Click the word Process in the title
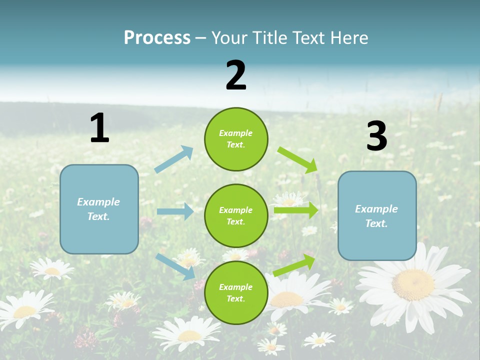pyautogui.click(x=157, y=38)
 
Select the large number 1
pyautogui.click(x=99, y=128)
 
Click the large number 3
pyautogui.click(x=376, y=136)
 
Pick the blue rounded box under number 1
pyautogui.click(x=99, y=209)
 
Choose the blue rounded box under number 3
pyautogui.click(x=377, y=216)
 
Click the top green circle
pyautogui.click(x=236, y=139)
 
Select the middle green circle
pyautogui.click(x=236, y=215)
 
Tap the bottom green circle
pyautogui.click(x=236, y=292)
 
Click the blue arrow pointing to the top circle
pyautogui.click(x=174, y=159)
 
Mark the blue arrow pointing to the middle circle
pyautogui.click(x=175, y=211)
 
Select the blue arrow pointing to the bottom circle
pyautogui.click(x=175, y=266)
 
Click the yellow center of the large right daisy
pyautogui.click(x=413, y=285)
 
